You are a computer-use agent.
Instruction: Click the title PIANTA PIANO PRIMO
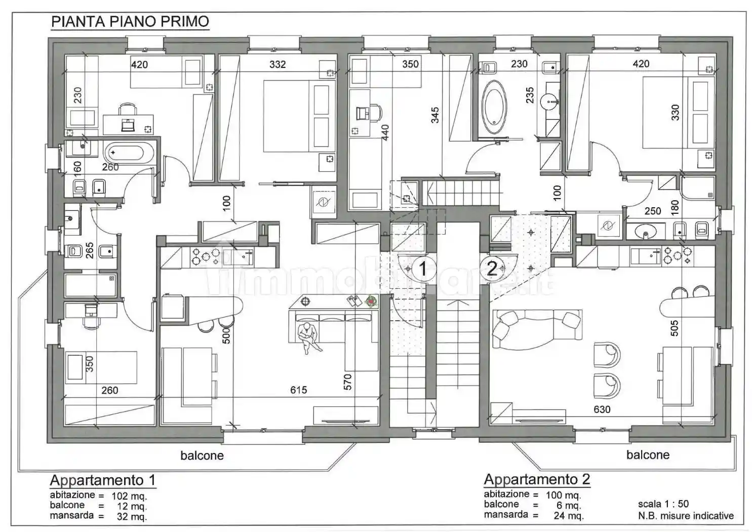pyautogui.click(x=130, y=21)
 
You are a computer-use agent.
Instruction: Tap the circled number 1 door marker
pyautogui.click(x=423, y=269)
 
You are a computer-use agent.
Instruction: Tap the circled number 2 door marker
pyautogui.click(x=492, y=269)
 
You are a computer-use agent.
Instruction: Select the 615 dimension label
pyautogui.click(x=298, y=390)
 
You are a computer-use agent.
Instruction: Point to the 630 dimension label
pyautogui.click(x=602, y=409)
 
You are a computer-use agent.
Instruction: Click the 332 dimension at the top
pyautogui.click(x=278, y=64)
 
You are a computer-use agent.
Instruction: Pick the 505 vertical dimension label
pyautogui.click(x=674, y=328)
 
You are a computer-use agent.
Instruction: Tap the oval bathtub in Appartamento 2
pyautogui.click(x=494, y=107)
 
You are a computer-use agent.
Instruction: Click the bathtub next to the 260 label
pyautogui.click(x=129, y=153)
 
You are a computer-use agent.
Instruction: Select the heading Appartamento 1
pyautogui.click(x=103, y=480)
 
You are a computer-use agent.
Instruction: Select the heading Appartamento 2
pyautogui.click(x=537, y=479)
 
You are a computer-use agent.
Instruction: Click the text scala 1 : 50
pyautogui.click(x=663, y=504)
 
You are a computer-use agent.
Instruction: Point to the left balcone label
pyautogui.click(x=202, y=455)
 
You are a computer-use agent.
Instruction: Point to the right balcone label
pyautogui.click(x=648, y=455)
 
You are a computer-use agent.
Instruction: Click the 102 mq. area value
pyautogui.click(x=129, y=496)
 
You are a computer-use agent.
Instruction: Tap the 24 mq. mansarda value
pyautogui.click(x=569, y=516)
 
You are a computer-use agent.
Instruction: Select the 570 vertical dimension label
pyautogui.click(x=348, y=382)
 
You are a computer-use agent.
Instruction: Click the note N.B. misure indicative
pyautogui.click(x=686, y=516)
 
